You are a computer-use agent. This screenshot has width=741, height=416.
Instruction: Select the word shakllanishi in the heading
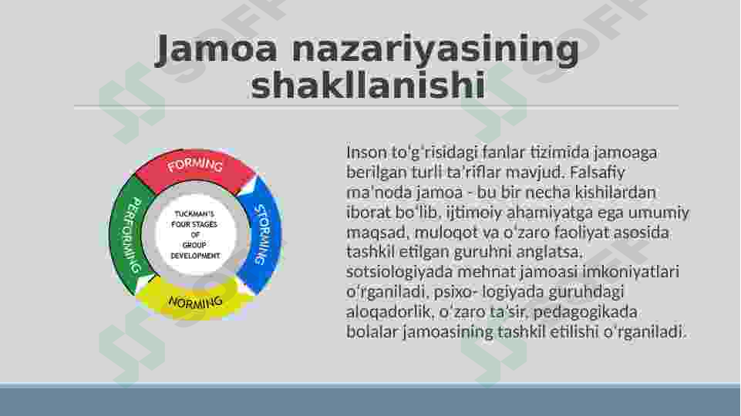click(368, 86)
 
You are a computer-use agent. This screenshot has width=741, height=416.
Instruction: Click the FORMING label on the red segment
click(195, 166)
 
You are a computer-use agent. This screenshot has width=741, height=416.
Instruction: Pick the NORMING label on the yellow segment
click(195, 301)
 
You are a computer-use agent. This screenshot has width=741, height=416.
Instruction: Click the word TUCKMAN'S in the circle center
click(195, 214)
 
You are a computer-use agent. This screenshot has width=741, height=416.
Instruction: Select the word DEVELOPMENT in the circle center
click(195, 256)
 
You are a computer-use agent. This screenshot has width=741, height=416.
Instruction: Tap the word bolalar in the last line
click(369, 332)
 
